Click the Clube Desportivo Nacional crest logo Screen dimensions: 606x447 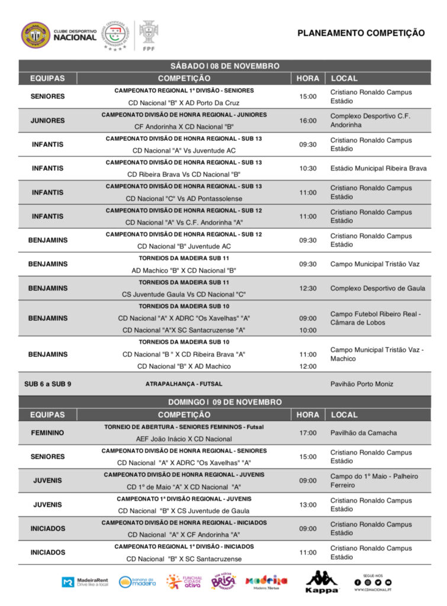click(36, 35)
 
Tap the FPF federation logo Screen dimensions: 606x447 click(149, 35)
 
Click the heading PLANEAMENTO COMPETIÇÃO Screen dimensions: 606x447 click(361, 33)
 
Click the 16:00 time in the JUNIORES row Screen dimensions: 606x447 click(308, 121)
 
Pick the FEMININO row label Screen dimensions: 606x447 click(47, 433)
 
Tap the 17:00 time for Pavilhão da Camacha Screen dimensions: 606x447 click(308, 433)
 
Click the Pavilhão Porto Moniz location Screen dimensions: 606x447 click(361, 384)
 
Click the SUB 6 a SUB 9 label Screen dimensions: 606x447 click(47, 384)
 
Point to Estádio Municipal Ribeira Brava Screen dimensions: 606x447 click(378, 168)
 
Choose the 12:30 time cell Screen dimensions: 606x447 click(308, 288)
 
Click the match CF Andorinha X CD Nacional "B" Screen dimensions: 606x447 click(184, 127)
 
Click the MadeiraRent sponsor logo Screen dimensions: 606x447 click(84, 582)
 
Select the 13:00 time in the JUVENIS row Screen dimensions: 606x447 click(308, 505)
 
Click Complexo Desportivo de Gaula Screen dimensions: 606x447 click(377, 288)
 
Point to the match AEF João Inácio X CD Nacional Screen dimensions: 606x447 click(184, 439)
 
